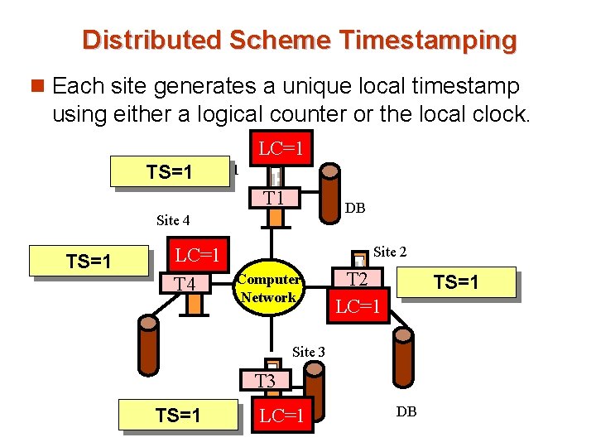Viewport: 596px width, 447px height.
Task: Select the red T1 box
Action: pyautogui.click(x=274, y=198)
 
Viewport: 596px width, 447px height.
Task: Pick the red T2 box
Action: pyautogui.click(x=358, y=280)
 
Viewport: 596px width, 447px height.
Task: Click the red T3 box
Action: pyautogui.click(x=265, y=382)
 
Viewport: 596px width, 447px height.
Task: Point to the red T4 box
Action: pyautogui.click(x=185, y=285)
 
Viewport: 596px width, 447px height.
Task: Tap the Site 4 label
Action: pyautogui.click(x=173, y=220)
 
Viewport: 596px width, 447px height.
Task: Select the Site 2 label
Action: pyautogui.click(x=390, y=251)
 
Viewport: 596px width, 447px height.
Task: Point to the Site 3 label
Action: pyautogui.click(x=308, y=352)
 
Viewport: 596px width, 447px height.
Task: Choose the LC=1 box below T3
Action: pyautogui.click(x=281, y=416)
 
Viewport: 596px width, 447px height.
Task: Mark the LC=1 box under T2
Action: pyautogui.click(x=358, y=308)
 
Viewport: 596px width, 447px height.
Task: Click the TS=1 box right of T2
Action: pyautogui.click(x=456, y=282)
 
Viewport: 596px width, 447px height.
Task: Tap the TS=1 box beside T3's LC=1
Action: pyautogui.click(x=178, y=416)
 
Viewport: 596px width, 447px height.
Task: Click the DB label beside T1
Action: pyautogui.click(x=355, y=209)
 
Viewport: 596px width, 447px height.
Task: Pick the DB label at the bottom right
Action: pyautogui.click(x=406, y=411)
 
